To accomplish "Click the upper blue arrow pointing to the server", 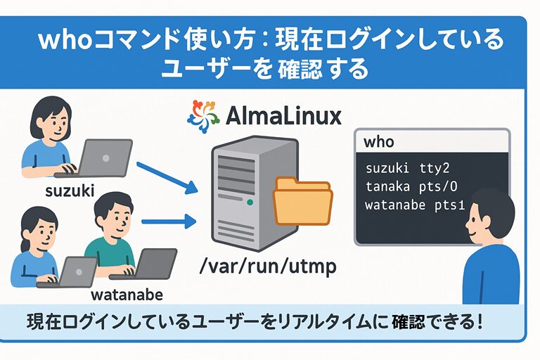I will tap(166, 177).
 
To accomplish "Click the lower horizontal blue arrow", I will tap(168, 223).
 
